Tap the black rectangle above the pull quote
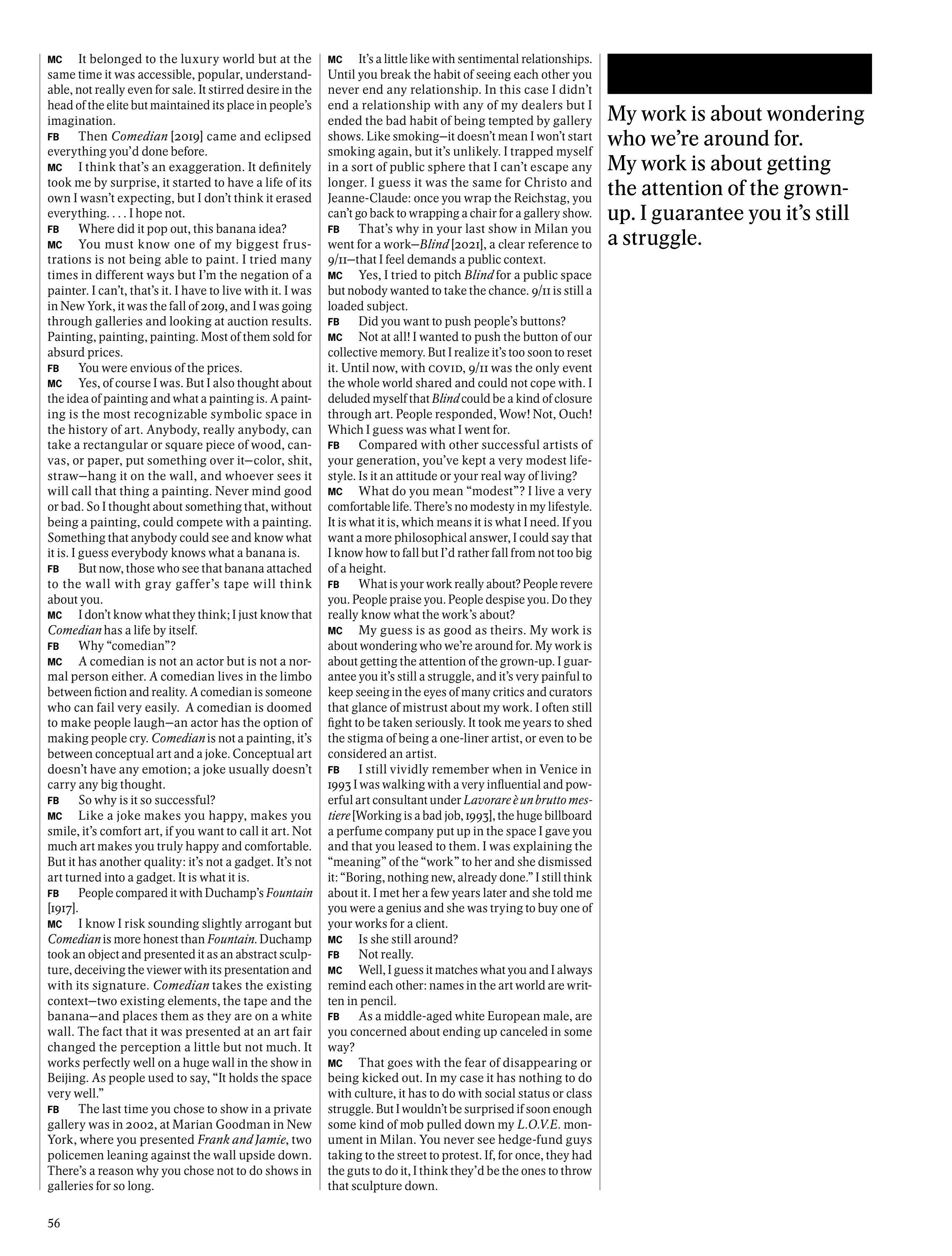point(739,74)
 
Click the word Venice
point(553,769)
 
